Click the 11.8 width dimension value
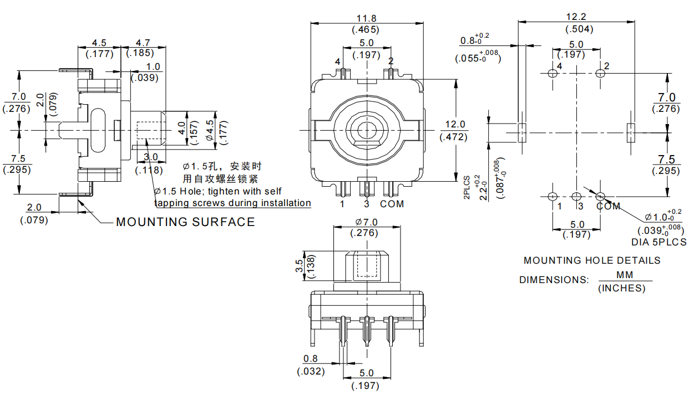coord(366,17)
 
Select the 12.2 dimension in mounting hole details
coord(577,17)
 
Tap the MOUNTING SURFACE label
coord(185,222)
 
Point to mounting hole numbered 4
coord(552,73)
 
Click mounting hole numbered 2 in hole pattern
coord(600,73)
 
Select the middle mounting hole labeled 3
coord(576,196)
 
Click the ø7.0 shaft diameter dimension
coord(366,222)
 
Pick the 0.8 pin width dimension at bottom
coord(311,358)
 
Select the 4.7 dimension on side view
coord(143,42)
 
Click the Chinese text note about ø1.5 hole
coord(222,172)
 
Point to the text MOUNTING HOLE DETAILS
coord(592,260)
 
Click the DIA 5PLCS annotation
coord(658,242)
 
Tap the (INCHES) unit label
coord(624,288)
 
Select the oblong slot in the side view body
coord(98,131)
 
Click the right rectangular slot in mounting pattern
coord(631,133)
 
